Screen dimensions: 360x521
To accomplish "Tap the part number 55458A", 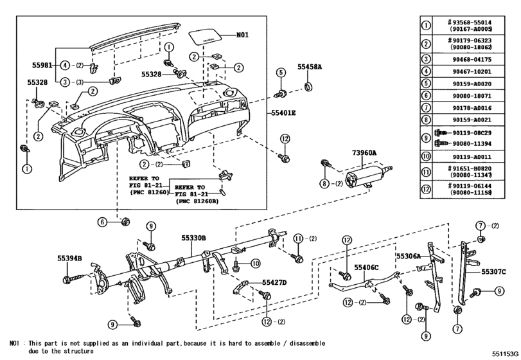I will click(x=309, y=66).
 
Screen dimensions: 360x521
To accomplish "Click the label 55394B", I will click(x=69, y=258).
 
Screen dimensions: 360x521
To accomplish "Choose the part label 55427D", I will click(x=274, y=282).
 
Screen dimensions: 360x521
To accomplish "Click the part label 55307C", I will click(x=494, y=272).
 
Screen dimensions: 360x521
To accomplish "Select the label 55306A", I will click(x=408, y=256).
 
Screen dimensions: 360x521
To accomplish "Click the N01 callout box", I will click(x=242, y=35).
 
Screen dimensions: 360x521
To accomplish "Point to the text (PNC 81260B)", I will click(x=198, y=201).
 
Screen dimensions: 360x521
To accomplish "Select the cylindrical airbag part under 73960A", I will click(x=363, y=176).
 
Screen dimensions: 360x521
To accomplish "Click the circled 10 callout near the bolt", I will click(x=255, y=262).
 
